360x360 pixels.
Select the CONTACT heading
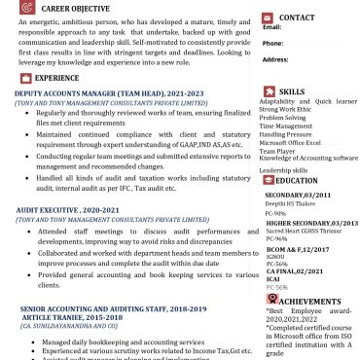tap(296, 18)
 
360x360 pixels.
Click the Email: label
tap(272, 27)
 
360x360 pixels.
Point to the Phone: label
tap(273, 43)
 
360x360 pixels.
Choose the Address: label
tap(275, 58)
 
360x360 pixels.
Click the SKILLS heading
tap(292, 91)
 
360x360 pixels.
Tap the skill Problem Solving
tap(282, 118)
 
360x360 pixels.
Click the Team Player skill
tap(277, 151)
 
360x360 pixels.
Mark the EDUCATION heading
tap(297, 180)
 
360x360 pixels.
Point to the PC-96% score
tap(276, 238)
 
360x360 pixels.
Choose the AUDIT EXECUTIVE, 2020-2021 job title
tap(72, 209)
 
